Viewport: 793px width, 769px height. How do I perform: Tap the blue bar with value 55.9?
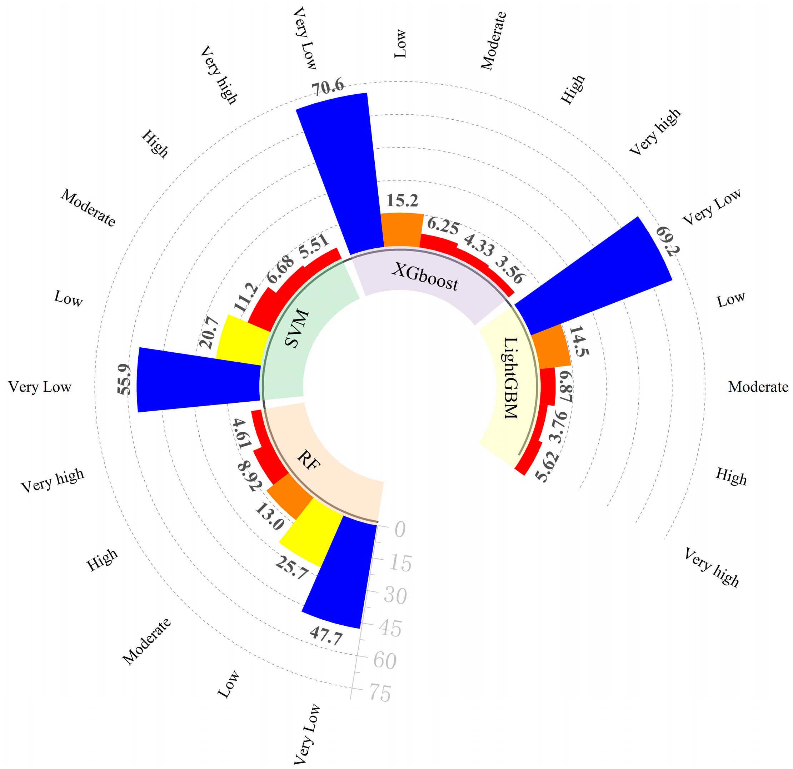coord(198,381)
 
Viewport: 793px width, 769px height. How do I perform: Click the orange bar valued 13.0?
coord(289,496)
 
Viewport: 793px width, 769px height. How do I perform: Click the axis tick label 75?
coord(380,693)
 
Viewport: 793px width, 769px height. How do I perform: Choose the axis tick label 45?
coord(390,628)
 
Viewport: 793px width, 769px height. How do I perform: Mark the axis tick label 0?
coord(400,529)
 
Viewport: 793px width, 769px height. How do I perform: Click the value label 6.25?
coord(443,226)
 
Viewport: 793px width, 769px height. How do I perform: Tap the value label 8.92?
coord(250,476)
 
